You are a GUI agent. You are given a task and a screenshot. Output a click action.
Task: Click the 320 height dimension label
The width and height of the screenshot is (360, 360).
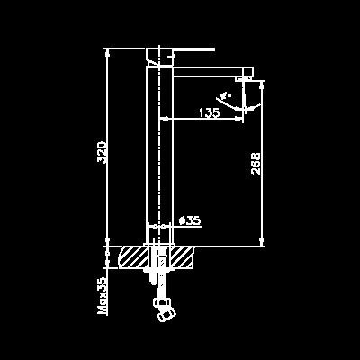(x=103, y=152)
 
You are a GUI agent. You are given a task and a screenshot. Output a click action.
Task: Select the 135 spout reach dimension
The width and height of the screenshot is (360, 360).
(x=210, y=112)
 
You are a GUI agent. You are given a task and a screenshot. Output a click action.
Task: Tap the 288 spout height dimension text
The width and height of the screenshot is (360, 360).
(x=256, y=164)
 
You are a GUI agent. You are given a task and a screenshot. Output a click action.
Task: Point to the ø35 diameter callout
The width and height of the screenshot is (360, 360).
(x=190, y=220)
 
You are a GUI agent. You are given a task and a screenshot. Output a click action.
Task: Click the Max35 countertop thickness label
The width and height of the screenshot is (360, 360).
(x=103, y=295)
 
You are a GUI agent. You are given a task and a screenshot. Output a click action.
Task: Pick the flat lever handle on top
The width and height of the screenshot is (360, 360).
(x=181, y=49)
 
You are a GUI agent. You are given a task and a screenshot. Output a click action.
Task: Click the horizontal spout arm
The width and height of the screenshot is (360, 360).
(x=213, y=72)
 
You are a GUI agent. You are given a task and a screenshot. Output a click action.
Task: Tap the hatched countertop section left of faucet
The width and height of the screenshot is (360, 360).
(x=133, y=257)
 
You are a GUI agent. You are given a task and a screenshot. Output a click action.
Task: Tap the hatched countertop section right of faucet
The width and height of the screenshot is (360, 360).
(x=182, y=257)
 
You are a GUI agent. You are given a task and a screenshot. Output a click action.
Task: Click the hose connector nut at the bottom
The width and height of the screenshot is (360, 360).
(x=165, y=310)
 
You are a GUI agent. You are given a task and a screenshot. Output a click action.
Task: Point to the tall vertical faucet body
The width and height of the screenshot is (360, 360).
(x=159, y=156)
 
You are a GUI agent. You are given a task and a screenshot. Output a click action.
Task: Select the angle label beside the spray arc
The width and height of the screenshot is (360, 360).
(x=225, y=96)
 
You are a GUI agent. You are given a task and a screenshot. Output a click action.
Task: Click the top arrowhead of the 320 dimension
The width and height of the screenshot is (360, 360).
(x=107, y=52)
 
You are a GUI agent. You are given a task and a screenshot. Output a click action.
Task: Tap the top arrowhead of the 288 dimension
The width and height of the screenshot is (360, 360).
(x=262, y=85)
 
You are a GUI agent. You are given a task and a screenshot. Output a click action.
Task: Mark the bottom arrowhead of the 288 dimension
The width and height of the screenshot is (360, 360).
(x=262, y=242)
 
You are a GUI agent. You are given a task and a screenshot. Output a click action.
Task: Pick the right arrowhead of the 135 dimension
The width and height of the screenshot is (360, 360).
(x=239, y=119)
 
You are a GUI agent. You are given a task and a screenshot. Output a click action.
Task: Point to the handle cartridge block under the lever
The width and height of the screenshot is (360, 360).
(x=159, y=57)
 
